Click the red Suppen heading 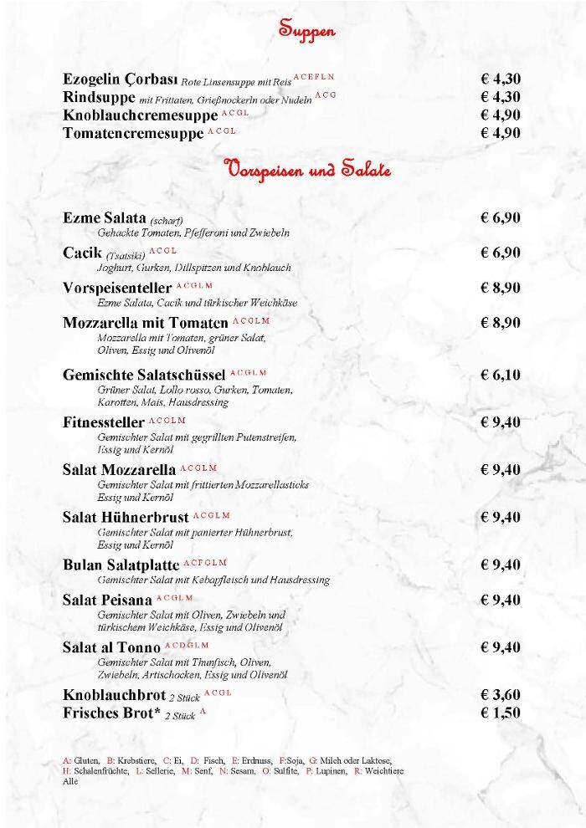[x=307, y=31]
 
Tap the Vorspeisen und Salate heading [x=307, y=171]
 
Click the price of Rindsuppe [x=501, y=98]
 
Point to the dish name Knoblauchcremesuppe [x=140, y=116]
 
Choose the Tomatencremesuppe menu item [x=133, y=134]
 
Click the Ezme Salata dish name [x=105, y=218]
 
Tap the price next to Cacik [x=501, y=253]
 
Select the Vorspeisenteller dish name [x=117, y=289]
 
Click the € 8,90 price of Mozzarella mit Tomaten [x=501, y=323]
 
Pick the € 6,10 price [x=501, y=375]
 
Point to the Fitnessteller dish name [x=104, y=422]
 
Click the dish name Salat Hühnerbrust [x=126, y=518]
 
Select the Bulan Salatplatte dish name [x=121, y=565]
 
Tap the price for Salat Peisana [x=501, y=600]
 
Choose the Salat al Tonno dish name [x=111, y=648]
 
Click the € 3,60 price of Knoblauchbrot [x=501, y=695]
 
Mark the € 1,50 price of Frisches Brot [x=501, y=713]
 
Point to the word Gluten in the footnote [x=87, y=760]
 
